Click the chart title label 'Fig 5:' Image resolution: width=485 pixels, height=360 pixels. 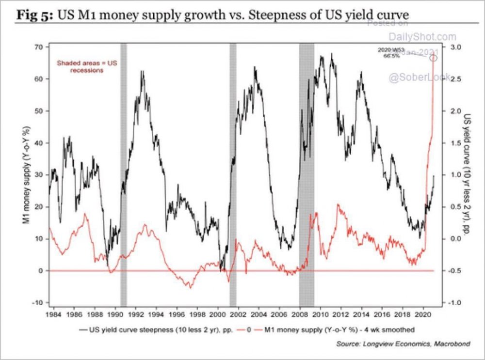point(35,14)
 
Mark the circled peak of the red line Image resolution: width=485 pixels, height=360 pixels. point(433,58)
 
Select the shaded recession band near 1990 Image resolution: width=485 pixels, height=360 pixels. point(123,174)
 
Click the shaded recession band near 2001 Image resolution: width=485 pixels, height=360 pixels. point(233,174)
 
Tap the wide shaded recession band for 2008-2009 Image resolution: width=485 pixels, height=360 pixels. point(307,174)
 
